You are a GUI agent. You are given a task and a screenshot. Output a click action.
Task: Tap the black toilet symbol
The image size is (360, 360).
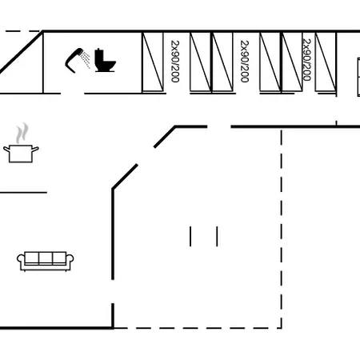[x=105, y=60]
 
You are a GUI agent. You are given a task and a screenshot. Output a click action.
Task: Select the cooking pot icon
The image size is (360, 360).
[x=21, y=154]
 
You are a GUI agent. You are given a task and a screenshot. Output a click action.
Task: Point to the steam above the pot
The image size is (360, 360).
[x=22, y=133]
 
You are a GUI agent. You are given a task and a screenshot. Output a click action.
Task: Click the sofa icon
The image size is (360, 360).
[x=46, y=262]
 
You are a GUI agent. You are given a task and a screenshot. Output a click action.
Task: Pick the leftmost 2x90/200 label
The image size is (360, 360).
[x=175, y=62]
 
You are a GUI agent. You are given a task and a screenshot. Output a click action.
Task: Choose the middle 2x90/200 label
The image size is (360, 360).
[x=245, y=62]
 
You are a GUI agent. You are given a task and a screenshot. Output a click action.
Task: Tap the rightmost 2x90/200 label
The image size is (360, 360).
[x=307, y=60]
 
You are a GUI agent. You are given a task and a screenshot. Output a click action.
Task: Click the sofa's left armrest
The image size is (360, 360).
[x=21, y=262]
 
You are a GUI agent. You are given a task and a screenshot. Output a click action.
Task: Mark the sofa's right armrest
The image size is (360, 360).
[x=70, y=262]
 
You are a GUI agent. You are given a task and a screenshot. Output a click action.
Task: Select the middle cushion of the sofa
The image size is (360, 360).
[x=46, y=258]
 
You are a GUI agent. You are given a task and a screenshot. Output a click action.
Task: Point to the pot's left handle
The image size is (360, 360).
[x=6, y=149]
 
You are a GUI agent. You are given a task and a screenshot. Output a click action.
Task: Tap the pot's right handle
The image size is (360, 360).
[x=35, y=149]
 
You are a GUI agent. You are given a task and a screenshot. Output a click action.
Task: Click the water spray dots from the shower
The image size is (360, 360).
[x=86, y=60]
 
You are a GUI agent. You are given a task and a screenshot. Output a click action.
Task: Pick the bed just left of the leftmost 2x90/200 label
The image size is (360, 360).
[x=153, y=62]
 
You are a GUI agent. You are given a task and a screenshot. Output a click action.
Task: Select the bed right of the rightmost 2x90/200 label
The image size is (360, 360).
[x=326, y=62]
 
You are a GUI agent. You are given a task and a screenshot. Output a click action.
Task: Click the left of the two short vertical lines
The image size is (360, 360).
[x=190, y=237]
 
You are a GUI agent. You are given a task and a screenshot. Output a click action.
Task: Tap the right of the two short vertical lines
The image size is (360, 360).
[x=217, y=237]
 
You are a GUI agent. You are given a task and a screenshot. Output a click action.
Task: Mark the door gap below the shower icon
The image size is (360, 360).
[x=73, y=94]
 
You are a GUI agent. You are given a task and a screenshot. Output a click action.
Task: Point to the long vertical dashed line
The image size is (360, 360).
[x=282, y=230]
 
